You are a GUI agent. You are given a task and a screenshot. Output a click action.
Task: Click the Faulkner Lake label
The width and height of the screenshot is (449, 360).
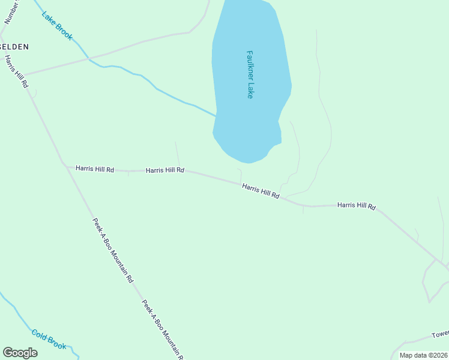[250, 74]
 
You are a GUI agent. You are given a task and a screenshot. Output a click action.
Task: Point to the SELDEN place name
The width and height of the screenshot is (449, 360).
[14, 46]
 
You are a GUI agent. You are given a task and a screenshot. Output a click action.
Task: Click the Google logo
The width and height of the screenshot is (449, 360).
[20, 353]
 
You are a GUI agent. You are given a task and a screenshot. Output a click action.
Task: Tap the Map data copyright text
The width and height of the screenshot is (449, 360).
[424, 355]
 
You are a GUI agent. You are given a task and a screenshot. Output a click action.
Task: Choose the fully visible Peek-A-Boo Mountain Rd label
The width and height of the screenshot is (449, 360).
[113, 250]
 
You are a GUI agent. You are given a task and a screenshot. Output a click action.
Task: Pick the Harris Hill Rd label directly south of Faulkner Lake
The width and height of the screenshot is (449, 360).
[261, 191]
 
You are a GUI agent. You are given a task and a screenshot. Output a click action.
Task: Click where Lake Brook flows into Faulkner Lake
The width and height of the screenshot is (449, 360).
[215, 115]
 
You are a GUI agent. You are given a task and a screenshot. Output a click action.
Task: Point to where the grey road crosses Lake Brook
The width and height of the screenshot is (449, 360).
[89, 58]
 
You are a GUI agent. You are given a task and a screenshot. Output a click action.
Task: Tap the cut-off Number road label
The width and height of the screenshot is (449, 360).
[10, 11]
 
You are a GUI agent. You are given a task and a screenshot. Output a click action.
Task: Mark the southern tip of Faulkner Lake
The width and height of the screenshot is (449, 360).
[248, 163]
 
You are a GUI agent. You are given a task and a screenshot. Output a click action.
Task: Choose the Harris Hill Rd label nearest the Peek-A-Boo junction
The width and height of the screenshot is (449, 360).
[95, 169]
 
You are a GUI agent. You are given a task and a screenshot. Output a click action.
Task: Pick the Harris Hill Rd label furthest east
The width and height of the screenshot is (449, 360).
[356, 206]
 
